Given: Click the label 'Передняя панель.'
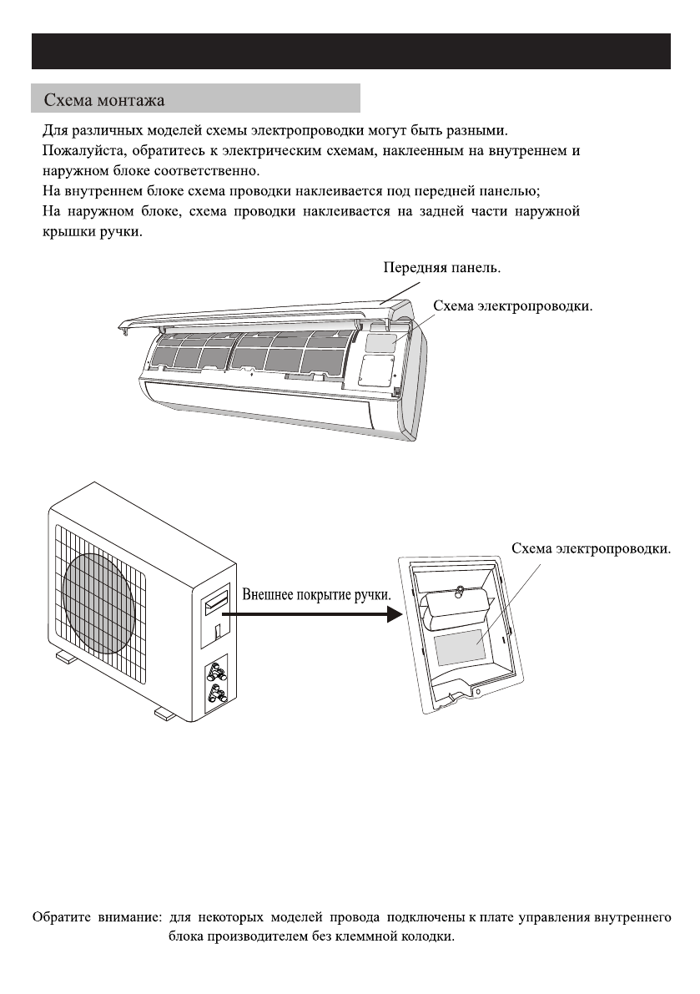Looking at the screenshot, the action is pyautogui.click(x=442, y=269).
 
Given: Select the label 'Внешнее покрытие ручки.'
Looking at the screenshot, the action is pyautogui.click(x=316, y=597).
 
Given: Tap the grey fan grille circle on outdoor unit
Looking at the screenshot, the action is pyautogui.click(x=101, y=593).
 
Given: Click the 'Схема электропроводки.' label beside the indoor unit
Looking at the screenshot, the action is pyautogui.click(x=512, y=306).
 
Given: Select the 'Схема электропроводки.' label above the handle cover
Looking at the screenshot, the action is pyautogui.click(x=591, y=548).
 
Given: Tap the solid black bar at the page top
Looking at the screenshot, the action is pyautogui.click(x=350, y=52).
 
